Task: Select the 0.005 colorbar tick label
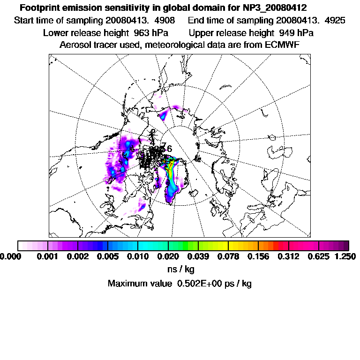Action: coord(108,256)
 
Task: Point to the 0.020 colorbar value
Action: coord(168,256)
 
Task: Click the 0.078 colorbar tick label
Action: coord(228,256)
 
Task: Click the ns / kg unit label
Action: coord(180,270)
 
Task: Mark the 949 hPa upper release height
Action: coord(296,33)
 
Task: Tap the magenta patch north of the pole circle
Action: coord(165,114)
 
